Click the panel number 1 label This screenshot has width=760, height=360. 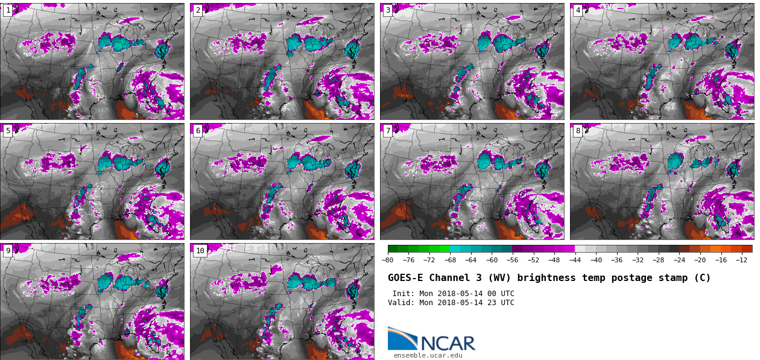click(x=7, y=10)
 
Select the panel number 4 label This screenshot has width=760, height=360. click(x=577, y=10)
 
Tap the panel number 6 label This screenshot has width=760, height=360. click(x=197, y=130)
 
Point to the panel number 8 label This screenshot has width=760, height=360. click(x=577, y=130)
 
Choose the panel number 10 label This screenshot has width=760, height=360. click(x=200, y=250)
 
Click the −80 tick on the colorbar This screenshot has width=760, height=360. click(x=388, y=260)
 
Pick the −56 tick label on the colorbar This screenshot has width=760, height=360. click(x=512, y=260)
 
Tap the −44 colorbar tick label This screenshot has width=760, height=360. click(x=575, y=260)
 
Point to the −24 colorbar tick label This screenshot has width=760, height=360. click(x=679, y=260)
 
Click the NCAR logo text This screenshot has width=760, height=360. click(x=448, y=343)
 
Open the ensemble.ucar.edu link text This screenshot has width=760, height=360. click(x=428, y=356)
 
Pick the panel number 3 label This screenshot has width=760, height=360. click(x=387, y=10)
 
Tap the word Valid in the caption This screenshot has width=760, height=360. click(x=401, y=303)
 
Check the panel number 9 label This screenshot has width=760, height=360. click(x=7, y=250)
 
